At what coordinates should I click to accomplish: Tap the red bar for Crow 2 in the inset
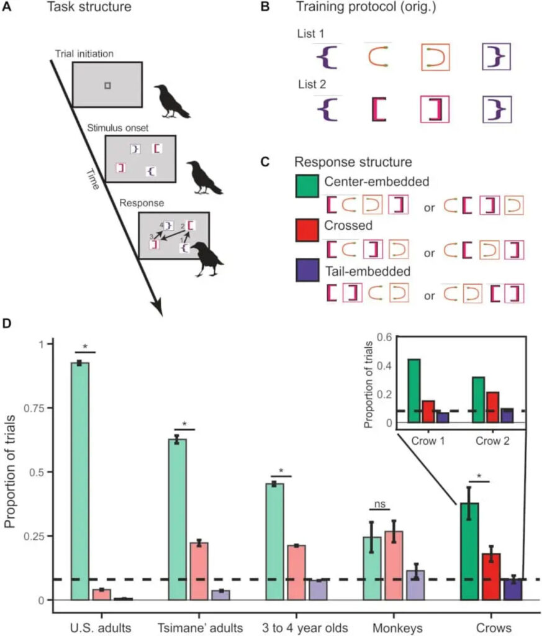492,407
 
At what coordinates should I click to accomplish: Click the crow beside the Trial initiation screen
171,101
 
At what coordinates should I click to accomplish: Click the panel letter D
9,324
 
